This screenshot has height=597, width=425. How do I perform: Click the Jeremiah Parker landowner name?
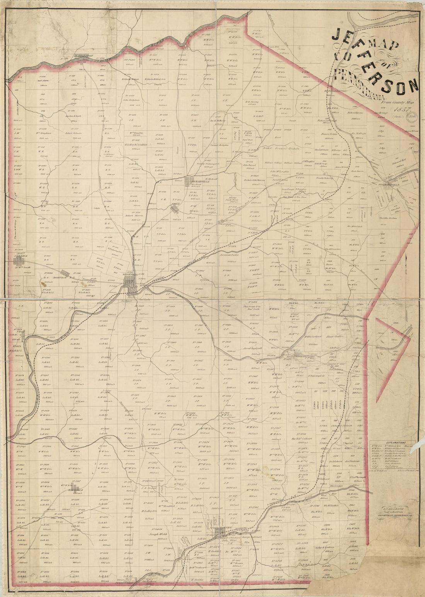(232, 255)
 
